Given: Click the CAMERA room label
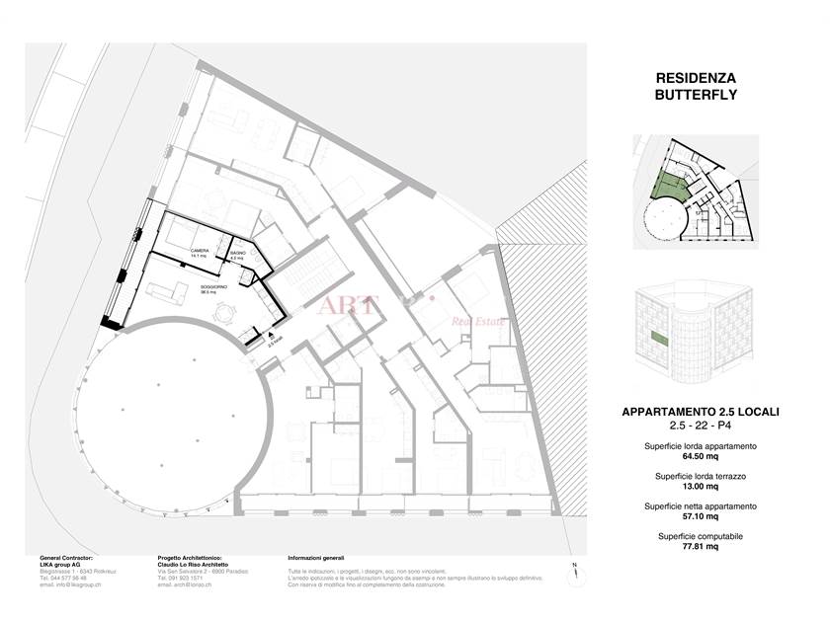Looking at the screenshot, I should (x=200, y=252).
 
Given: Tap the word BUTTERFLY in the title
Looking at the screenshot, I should (x=697, y=95).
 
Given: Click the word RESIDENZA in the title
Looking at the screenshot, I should (x=697, y=77).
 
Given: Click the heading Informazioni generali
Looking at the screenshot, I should (x=316, y=558).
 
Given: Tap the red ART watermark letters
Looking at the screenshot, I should (x=347, y=304).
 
